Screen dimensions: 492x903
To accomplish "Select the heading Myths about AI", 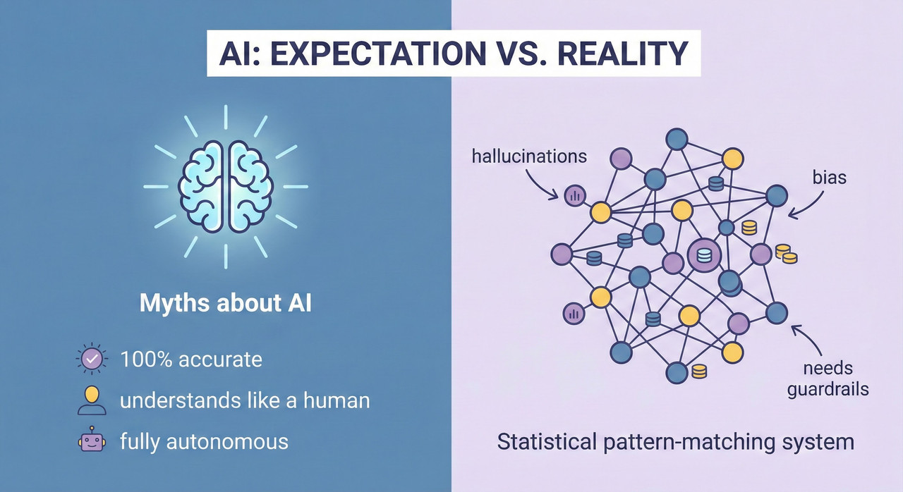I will tap(225, 304).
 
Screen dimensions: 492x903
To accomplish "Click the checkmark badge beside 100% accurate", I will tap(91, 359).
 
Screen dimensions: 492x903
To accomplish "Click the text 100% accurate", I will tap(191, 359).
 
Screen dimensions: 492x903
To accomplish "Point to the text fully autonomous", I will tap(204, 442).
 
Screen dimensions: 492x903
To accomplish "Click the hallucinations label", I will tap(529, 155).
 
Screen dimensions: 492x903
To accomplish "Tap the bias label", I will tap(829, 178).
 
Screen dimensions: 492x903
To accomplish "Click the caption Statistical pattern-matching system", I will tap(675, 443).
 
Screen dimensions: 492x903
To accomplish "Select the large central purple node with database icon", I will tap(704, 257).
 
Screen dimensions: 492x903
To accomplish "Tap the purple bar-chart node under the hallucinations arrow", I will tap(574, 196).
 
